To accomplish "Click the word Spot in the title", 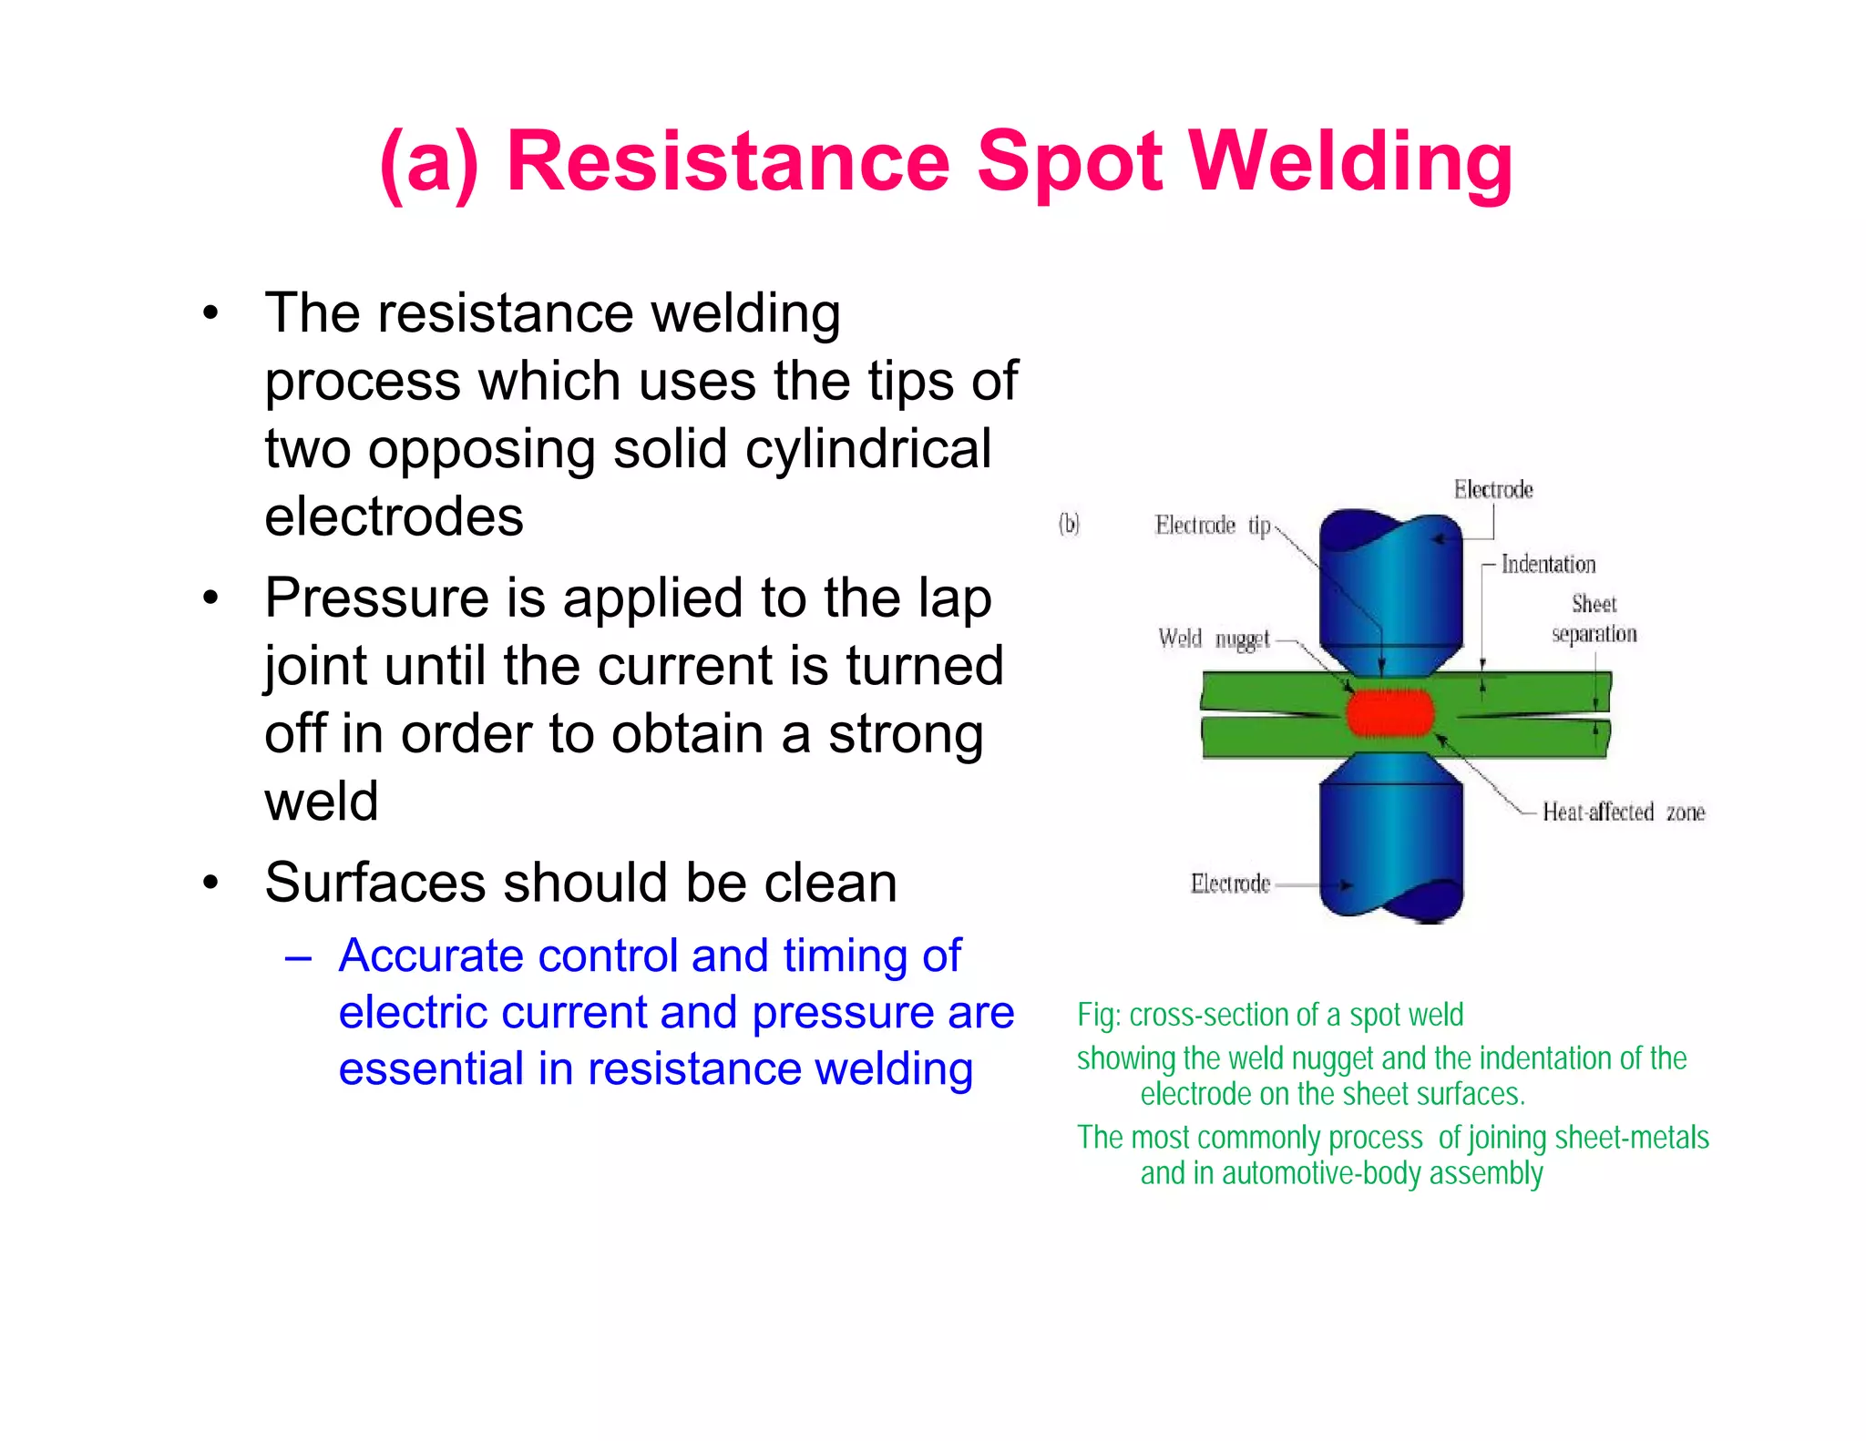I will pos(1070,162).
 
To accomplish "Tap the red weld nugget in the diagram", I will pos(1389,712).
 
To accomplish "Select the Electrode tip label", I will pos(1212,526).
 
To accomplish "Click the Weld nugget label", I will pos(1214,639).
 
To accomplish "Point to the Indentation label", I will pos(1548,565).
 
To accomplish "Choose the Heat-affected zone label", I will pos(1623,812).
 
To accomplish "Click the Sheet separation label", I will pos(1594,618).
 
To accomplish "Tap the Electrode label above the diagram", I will pos(1492,490).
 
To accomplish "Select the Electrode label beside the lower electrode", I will pos(1230,884).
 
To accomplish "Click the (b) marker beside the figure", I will pos(1069,524).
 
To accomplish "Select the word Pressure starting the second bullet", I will pos(377,598).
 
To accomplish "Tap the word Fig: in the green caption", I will pos(1099,1015).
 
